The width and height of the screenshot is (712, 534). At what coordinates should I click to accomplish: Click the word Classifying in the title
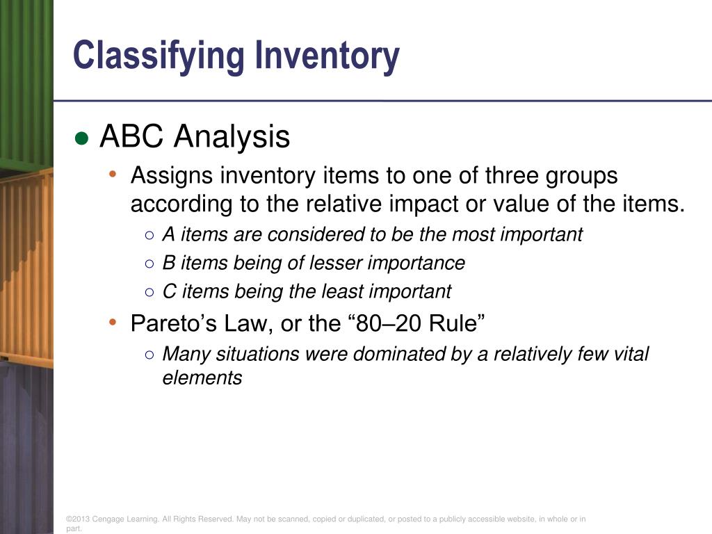point(159,56)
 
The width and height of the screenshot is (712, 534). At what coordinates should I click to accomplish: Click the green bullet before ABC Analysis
point(82,138)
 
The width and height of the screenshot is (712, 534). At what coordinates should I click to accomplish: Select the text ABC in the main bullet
point(132,137)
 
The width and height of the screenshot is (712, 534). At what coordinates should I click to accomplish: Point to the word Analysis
point(232,137)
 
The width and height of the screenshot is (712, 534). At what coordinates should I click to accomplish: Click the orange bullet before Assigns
point(113,175)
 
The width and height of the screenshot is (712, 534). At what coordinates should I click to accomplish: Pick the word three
point(514,176)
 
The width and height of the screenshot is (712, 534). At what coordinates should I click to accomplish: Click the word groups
point(585,176)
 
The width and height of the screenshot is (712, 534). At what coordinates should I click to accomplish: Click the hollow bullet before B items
point(149,264)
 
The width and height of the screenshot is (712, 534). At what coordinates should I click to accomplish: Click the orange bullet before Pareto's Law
point(113,322)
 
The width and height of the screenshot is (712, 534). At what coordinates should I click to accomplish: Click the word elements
point(202,378)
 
